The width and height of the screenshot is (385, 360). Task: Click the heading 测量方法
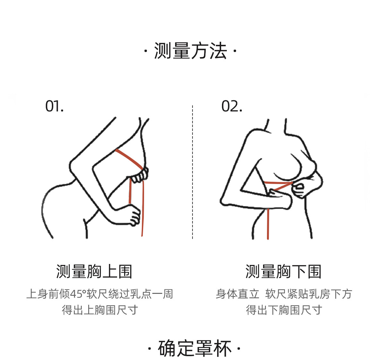190,51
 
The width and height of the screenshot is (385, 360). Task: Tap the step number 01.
55,106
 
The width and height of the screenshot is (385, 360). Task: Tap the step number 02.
232,106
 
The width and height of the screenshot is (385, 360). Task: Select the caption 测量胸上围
94,271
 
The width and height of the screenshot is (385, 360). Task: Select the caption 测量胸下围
283,271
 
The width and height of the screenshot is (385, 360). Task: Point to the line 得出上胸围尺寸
100,310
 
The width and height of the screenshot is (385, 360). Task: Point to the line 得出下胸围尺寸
284,310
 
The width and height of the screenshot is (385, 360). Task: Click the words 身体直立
238,294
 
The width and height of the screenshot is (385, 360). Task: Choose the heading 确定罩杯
195,348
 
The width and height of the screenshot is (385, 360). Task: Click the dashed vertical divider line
193,172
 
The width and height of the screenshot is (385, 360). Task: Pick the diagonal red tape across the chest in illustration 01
129,159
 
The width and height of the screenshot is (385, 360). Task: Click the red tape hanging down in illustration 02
268,224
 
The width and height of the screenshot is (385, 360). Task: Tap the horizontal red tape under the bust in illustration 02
278,183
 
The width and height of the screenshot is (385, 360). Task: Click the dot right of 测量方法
235,51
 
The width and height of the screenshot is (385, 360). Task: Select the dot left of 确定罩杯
150,349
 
